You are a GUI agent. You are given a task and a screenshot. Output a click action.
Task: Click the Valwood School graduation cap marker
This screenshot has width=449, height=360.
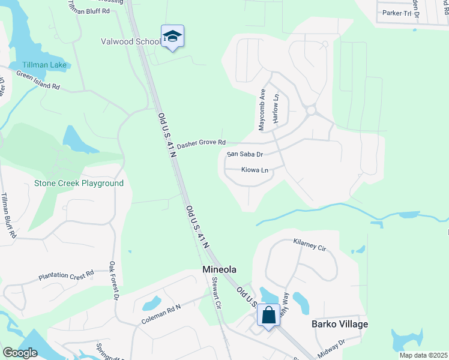[x=172, y=37]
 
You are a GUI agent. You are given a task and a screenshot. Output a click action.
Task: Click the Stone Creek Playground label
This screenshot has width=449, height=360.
[x=79, y=183]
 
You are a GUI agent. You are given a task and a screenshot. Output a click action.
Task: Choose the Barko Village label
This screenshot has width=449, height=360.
[x=340, y=324]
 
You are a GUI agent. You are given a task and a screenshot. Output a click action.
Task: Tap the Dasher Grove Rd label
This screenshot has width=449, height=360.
[x=201, y=143]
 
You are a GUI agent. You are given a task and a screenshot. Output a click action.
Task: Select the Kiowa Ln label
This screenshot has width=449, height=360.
[x=254, y=170]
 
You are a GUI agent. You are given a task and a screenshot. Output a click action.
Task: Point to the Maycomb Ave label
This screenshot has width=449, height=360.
[x=262, y=110]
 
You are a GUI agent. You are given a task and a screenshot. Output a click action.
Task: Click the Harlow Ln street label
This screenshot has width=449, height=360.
[x=276, y=109]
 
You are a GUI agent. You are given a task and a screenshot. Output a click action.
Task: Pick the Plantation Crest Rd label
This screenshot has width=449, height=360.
[x=66, y=276]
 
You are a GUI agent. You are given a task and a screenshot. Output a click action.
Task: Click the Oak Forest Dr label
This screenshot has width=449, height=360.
[x=114, y=280]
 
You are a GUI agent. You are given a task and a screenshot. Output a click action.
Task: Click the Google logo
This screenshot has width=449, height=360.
[x=20, y=353]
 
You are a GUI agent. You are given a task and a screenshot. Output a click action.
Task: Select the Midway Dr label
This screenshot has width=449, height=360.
[x=333, y=346]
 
